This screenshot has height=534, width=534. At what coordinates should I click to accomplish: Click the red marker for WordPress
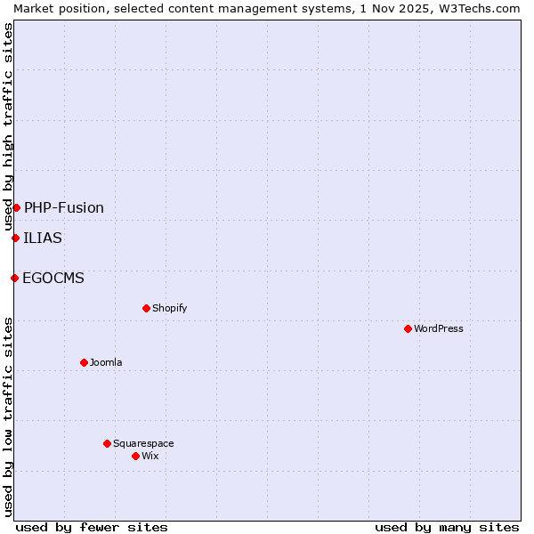click(x=408, y=328)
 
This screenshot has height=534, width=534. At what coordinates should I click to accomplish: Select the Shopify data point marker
click(x=146, y=308)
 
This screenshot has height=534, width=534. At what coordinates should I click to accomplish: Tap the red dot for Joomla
click(x=84, y=362)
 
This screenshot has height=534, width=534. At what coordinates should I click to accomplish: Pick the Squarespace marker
click(x=107, y=443)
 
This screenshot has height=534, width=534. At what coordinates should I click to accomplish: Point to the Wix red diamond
click(x=135, y=456)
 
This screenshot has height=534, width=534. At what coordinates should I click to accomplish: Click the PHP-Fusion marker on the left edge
click(x=16, y=207)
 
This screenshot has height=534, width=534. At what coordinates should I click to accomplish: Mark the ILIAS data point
click(x=15, y=238)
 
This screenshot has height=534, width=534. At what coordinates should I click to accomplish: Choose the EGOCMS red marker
click(x=14, y=278)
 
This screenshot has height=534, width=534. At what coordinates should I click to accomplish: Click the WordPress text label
click(x=439, y=328)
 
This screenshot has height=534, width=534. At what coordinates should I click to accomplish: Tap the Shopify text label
click(x=169, y=308)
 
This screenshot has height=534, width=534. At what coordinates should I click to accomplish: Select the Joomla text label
click(x=106, y=362)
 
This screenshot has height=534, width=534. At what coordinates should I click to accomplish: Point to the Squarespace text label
click(x=143, y=443)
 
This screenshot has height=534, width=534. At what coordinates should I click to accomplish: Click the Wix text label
click(x=150, y=456)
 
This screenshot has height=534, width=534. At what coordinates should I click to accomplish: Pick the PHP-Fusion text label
click(x=64, y=207)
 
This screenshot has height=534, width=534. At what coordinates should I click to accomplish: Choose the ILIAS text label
click(x=43, y=238)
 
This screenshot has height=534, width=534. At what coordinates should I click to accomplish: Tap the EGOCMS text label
click(x=53, y=278)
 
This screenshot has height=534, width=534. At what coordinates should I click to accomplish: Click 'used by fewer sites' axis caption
click(x=92, y=527)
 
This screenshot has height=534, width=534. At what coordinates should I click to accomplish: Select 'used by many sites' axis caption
click(x=447, y=527)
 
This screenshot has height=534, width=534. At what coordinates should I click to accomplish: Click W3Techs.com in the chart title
click(x=477, y=8)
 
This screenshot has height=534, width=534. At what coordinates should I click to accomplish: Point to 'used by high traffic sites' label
click(x=8, y=126)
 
